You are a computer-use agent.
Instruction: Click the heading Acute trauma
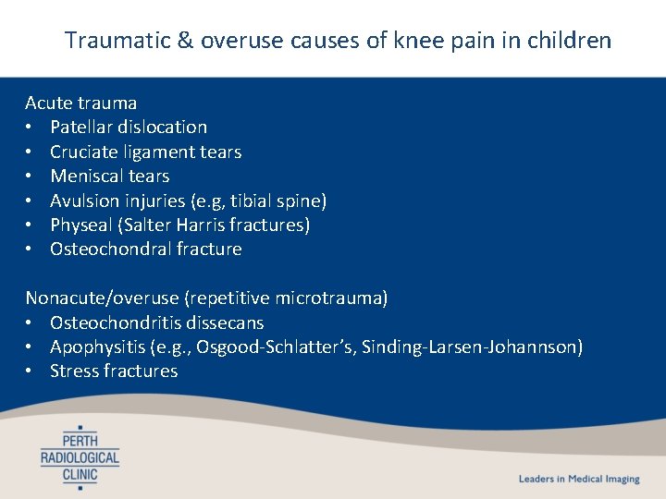(80, 103)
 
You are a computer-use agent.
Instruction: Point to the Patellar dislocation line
(128, 127)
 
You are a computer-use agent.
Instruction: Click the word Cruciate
(82, 152)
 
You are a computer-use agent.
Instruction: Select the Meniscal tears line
(109, 176)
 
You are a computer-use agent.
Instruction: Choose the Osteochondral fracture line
(145, 249)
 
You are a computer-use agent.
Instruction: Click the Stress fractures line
(113, 371)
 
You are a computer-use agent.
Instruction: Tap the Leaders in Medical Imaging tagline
(578, 479)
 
